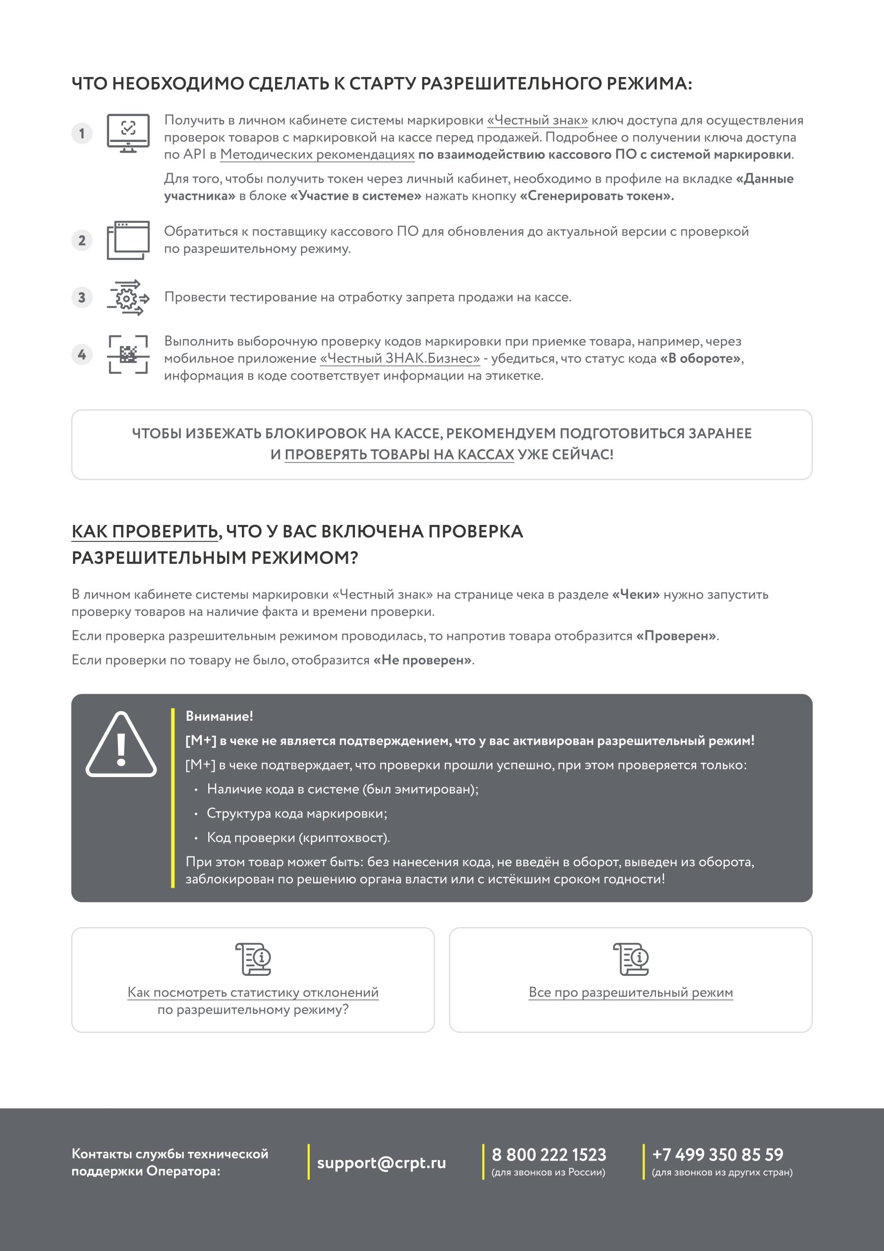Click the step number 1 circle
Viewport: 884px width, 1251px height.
[82, 133]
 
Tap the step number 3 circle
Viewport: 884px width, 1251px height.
[82, 297]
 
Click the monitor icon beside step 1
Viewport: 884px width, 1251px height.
[128, 133]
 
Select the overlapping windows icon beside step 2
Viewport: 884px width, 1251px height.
[128, 240]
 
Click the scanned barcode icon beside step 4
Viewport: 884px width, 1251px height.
[128, 355]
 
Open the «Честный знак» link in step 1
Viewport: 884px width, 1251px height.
[537, 120]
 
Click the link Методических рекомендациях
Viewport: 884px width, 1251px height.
[317, 155]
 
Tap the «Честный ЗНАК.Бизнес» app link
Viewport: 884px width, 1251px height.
[400, 358]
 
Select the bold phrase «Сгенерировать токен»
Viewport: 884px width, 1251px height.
[596, 196]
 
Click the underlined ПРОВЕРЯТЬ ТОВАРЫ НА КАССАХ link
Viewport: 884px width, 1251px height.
[399, 454]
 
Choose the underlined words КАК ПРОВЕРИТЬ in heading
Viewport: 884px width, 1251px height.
[145, 532]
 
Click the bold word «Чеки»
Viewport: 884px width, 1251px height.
[636, 594]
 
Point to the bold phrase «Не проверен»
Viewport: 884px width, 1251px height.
[422, 660]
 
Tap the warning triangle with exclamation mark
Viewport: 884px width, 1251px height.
[121, 745]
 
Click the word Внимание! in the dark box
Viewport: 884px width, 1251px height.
[219, 716]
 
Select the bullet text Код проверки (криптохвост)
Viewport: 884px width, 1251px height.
[298, 838]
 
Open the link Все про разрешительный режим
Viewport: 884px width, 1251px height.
[631, 992]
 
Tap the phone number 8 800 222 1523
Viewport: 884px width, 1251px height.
[548, 1155]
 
